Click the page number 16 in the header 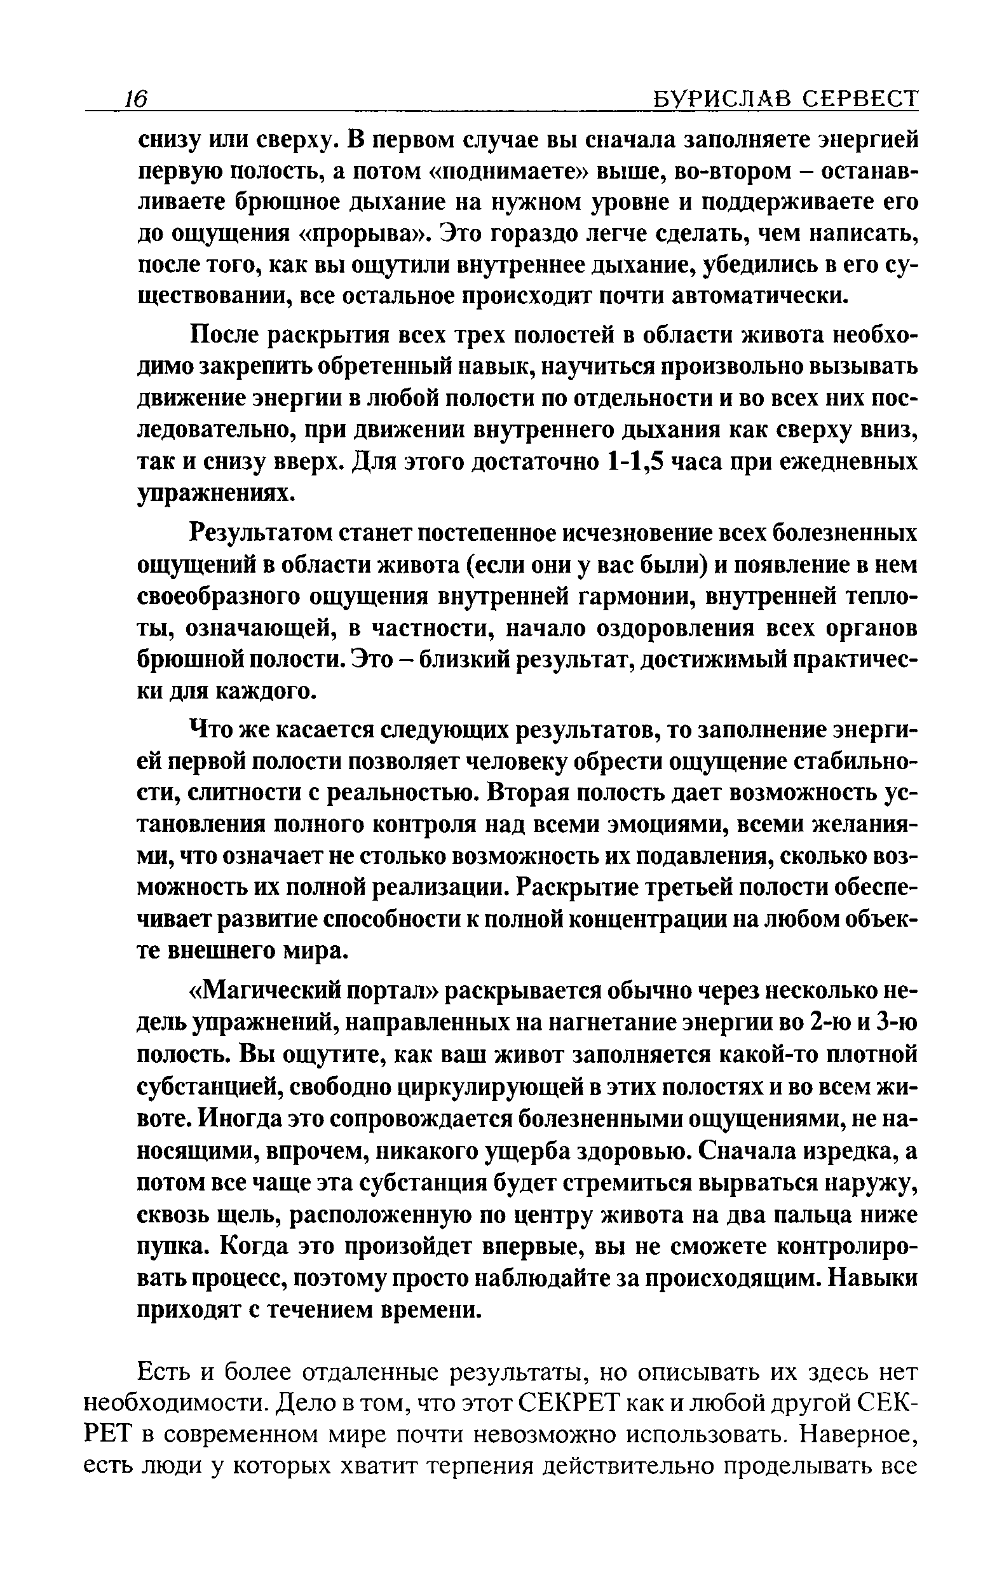[137, 99]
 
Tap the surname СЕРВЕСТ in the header [859, 99]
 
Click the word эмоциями [700, 826]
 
